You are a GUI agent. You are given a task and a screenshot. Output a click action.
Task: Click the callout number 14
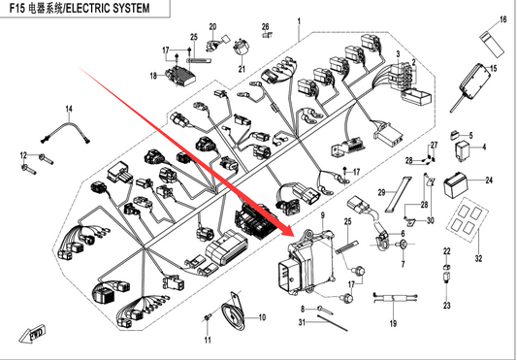(69, 109)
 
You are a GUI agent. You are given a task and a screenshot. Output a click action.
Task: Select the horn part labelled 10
(232, 314)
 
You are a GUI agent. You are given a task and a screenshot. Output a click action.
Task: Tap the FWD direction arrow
(32, 333)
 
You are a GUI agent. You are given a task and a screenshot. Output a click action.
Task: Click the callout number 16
(502, 19)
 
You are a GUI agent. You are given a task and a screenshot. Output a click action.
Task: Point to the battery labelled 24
(455, 185)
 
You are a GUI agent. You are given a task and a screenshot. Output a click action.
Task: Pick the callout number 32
(478, 258)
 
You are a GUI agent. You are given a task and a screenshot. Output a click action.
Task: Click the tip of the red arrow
(293, 234)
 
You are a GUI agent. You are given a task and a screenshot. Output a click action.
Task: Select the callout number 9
(322, 215)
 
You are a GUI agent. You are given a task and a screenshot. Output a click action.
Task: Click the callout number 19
(393, 323)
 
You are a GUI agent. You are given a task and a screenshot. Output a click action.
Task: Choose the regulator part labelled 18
(180, 77)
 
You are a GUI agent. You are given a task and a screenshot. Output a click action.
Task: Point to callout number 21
(242, 69)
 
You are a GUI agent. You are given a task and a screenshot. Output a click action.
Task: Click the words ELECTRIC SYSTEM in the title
(108, 9)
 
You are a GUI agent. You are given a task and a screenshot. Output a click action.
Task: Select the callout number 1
(299, 21)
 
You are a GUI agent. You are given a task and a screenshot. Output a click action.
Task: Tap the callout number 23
(446, 306)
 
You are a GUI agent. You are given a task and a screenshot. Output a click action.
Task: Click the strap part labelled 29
(399, 194)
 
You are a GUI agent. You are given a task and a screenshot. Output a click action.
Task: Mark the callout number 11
(208, 340)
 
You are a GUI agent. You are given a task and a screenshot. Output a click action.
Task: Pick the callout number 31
(302, 322)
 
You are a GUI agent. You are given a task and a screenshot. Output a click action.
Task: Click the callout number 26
(266, 26)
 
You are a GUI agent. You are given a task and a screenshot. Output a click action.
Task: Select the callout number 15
(494, 69)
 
